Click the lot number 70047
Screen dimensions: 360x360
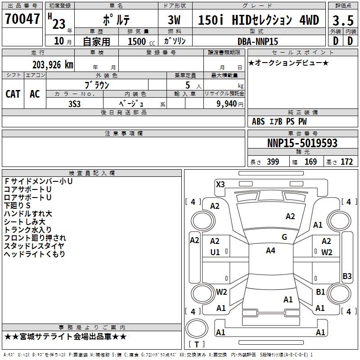[x=22, y=19]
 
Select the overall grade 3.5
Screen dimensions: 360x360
[x=343, y=21]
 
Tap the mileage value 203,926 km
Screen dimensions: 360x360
[x=53, y=65]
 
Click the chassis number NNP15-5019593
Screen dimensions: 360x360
[x=302, y=143]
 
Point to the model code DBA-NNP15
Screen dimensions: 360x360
[x=257, y=41]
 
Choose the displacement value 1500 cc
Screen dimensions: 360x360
[x=141, y=41]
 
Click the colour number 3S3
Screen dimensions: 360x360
[x=74, y=104]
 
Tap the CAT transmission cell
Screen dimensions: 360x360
[x=13, y=94]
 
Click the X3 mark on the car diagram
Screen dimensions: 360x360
[x=220, y=184]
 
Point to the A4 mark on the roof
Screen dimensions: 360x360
[x=270, y=251]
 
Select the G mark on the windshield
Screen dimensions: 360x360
[x=284, y=237]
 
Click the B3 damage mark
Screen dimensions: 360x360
[x=347, y=276]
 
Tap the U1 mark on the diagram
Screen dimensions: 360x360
[x=215, y=252]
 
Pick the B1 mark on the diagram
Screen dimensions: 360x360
[x=320, y=292]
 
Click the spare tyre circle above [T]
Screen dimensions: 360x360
[x=197, y=329]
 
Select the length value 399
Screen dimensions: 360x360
[x=273, y=162]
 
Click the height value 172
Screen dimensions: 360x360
[x=346, y=162]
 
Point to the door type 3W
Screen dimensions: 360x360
[x=174, y=20]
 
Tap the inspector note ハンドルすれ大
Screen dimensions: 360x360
[x=28, y=214]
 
